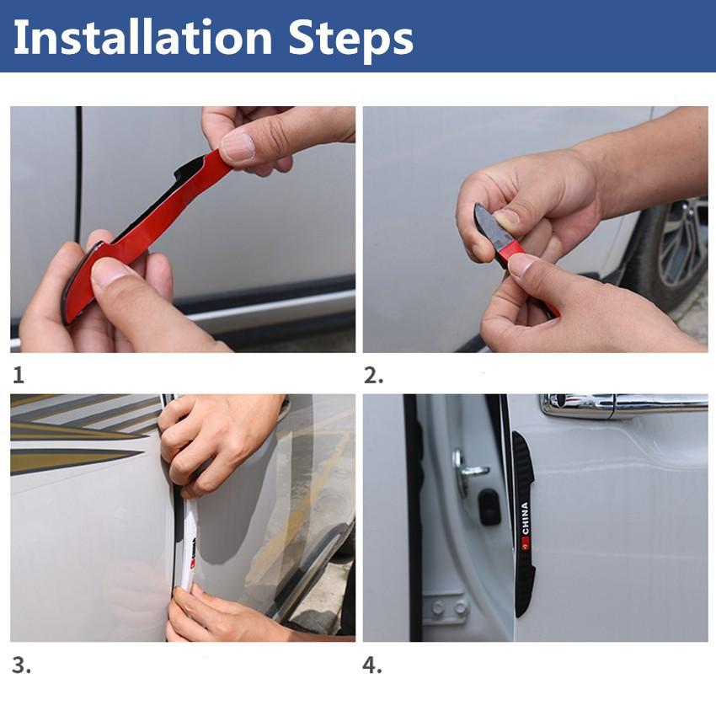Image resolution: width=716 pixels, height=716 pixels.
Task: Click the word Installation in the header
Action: point(143,38)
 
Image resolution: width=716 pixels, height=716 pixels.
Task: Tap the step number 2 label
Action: point(372,377)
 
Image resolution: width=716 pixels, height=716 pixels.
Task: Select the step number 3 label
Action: point(21,665)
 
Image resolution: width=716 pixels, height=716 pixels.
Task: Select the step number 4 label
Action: point(372,665)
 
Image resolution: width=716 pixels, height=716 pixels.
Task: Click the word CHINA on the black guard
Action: point(525,519)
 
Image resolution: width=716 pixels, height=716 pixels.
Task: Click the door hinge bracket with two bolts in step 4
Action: point(447,607)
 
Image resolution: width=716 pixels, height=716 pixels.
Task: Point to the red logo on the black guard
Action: point(526,545)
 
